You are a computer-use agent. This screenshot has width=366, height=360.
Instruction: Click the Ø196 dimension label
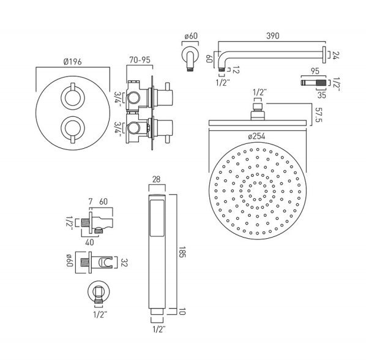(73, 62)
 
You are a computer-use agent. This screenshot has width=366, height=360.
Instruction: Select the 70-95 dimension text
(140, 60)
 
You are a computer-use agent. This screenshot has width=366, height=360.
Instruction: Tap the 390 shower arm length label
(272, 36)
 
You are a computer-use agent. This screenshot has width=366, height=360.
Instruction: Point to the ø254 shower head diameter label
(257, 136)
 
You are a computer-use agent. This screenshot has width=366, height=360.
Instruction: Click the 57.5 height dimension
(318, 114)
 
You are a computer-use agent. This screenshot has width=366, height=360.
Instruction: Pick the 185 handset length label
(182, 252)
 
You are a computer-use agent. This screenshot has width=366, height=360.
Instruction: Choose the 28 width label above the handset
(157, 179)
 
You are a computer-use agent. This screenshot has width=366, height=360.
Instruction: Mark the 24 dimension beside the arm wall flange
(335, 55)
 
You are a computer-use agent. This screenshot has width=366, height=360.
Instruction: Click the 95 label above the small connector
(315, 71)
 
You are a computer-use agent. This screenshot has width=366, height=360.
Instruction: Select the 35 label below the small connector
(322, 95)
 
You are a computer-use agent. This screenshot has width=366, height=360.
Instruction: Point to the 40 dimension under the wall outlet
(89, 242)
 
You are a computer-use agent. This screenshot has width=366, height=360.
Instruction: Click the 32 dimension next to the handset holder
(124, 263)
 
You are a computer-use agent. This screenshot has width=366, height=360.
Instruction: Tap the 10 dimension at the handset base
(182, 312)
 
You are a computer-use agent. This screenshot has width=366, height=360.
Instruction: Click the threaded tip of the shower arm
(222, 69)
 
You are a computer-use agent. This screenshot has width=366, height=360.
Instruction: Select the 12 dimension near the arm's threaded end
(236, 70)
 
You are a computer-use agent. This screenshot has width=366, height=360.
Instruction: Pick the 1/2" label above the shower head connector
(260, 92)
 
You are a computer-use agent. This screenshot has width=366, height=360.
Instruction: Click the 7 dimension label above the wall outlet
(91, 201)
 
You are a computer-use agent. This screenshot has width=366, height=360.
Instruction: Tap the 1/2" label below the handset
(159, 329)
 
